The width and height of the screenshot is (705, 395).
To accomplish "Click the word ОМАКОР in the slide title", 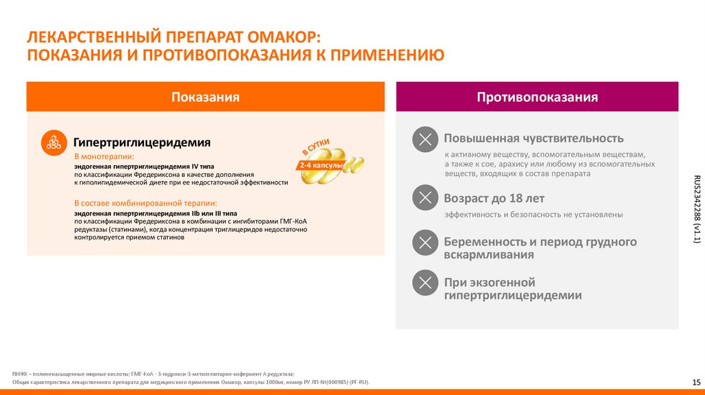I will (x=279, y=35).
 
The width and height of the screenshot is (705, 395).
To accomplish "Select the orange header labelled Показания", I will (x=205, y=97).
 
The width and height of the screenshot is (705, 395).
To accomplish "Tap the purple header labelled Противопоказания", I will (x=537, y=97).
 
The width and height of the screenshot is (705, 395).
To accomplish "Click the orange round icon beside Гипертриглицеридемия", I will (x=54, y=142).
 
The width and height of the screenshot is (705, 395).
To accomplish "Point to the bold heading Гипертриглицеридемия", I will (x=142, y=142).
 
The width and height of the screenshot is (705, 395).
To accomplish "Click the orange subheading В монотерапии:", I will (x=104, y=158).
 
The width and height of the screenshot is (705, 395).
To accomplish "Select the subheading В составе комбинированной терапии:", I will (x=145, y=203).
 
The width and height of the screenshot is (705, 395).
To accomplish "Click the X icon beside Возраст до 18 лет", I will (x=425, y=199).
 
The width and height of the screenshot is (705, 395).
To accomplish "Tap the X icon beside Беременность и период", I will (x=425, y=242).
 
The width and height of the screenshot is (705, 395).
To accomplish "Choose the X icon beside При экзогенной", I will (x=425, y=283).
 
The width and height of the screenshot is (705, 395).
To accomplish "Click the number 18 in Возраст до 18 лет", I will (x=516, y=198).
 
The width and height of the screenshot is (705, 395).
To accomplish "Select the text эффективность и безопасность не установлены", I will (x=534, y=215).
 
